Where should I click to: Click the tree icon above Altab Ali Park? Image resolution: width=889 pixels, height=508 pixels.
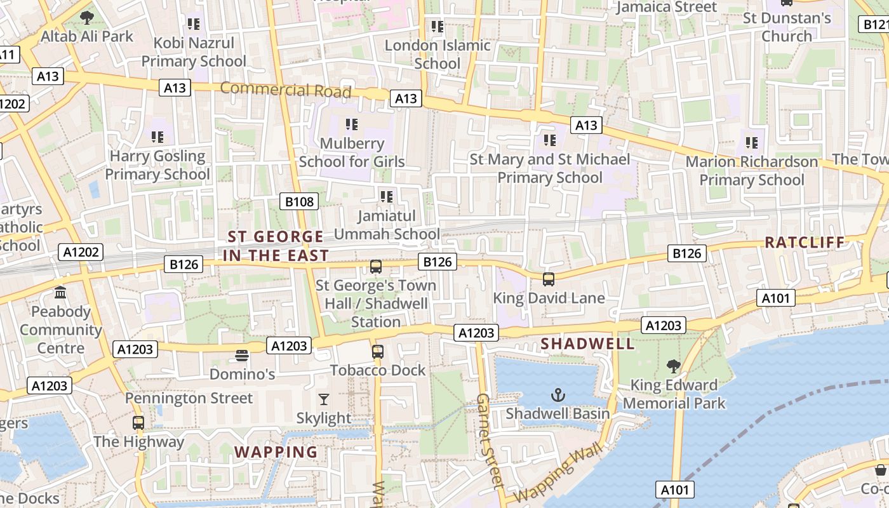[87, 18]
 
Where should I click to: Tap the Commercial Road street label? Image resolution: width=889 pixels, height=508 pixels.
[285, 90]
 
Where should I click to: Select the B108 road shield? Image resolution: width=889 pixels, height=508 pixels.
[299, 202]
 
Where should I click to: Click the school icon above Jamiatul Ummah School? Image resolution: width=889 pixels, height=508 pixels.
[386, 197]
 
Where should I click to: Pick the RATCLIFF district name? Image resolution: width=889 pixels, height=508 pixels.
[805, 242]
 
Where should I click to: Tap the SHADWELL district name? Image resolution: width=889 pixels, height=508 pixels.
[587, 344]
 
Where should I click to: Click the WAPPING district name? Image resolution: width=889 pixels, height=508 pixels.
[276, 452]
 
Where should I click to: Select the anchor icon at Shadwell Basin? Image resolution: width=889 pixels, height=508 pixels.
[558, 395]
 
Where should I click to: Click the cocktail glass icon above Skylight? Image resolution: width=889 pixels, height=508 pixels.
[324, 399]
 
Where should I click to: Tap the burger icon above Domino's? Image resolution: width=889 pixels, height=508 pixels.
[242, 356]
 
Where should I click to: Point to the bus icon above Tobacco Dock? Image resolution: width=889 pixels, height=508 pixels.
[378, 351]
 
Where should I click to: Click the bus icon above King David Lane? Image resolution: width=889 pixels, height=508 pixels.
[549, 279]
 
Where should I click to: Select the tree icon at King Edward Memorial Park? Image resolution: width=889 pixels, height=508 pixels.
[673, 366]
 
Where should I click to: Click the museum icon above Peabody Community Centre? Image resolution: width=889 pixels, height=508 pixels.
[61, 293]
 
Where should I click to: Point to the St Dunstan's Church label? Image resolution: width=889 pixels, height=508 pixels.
[787, 27]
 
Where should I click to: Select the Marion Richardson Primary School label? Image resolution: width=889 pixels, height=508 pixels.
[752, 171]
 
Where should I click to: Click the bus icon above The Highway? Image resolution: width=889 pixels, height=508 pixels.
[138, 422]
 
